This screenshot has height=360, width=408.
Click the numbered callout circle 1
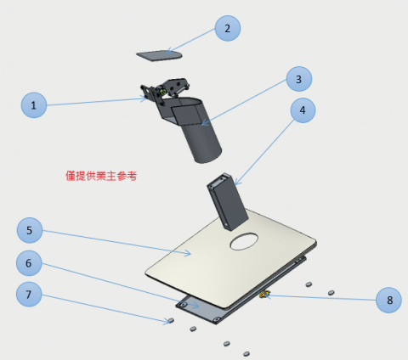pos(34,105)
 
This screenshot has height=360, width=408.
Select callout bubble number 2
pos(228,28)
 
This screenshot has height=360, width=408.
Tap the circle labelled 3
pos(299,79)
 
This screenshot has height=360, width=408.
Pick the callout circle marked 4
pos(303,110)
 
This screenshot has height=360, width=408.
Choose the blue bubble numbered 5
pos(30,230)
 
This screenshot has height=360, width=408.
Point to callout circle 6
pos(29,263)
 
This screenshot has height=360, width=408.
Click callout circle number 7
pos(29,295)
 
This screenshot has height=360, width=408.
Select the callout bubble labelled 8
pos(388,300)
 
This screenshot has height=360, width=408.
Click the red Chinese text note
pos(101,176)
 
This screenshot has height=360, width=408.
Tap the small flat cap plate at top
pos(159,55)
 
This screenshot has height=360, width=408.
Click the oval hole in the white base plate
pos(244,241)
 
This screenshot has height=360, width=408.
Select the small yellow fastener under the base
pos(264,295)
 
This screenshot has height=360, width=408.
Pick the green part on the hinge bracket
pos(163,92)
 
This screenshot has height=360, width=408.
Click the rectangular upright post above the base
pos(228,201)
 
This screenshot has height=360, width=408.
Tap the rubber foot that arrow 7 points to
pos(171,320)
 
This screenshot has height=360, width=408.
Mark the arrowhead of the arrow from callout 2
pos(167,53)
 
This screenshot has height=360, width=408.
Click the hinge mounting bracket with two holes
pos(173,87)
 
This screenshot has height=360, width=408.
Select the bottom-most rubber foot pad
pos(246,354)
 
